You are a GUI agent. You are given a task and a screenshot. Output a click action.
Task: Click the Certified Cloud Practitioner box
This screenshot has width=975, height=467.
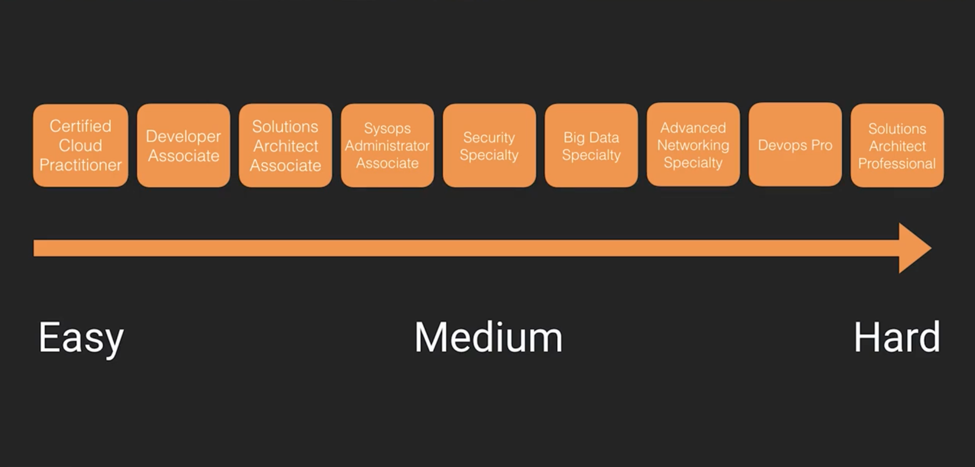click(x=80, y=145)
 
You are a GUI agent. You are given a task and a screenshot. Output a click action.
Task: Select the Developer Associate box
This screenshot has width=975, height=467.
click(x=183, y=145)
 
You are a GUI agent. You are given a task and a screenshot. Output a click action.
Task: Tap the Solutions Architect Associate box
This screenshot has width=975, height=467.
click(x=285, y=145)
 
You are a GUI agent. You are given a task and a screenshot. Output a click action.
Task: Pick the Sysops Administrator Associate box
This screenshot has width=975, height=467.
click(x=387, y=145)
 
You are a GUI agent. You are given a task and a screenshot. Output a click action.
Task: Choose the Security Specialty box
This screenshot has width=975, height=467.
click(x=489, y=145)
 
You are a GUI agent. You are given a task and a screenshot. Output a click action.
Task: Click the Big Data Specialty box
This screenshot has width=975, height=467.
click(x=591, y=145)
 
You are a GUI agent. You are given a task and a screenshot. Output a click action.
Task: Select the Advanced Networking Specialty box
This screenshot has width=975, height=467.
click(x=693, y=145)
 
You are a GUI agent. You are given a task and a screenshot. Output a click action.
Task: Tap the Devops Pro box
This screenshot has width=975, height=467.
click(x=795, y=145)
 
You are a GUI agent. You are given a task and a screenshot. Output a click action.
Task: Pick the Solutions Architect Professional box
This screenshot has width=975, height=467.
click(x=897, y=145)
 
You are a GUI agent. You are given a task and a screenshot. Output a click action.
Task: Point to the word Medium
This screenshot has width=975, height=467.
click(x=489, y=337)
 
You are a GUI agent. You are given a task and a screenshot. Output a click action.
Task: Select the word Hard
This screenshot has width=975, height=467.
click(x=897, y=337)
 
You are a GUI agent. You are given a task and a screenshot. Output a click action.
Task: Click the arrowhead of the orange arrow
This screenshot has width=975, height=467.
click(x=913, y=248)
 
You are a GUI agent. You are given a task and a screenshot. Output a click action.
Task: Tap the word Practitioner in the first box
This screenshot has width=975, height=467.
click(x=80, y=165)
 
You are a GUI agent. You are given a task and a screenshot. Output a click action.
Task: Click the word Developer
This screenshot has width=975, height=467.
click(x=183, y=136)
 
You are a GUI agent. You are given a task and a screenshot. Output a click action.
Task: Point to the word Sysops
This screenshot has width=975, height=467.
click(x=387, y=128)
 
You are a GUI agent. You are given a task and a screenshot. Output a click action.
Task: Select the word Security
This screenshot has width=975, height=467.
click(x=489, y=137)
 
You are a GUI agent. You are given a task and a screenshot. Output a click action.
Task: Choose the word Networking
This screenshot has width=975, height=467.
click(x=693, y=145)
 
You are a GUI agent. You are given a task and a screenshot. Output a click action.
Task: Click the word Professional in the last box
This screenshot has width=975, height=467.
click(x=897, y=163)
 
